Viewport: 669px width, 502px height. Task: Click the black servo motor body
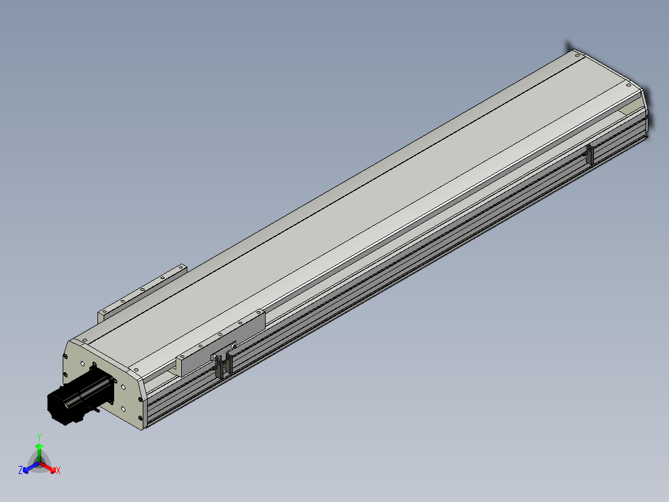click(x=79, y=396)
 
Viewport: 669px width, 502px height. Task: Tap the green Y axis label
click(x=39, y=437)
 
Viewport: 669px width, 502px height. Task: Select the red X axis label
click(x=58, y=470)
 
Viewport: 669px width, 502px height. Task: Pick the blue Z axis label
click(x=20, y=470)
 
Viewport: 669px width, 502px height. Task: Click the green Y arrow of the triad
click(x=39, y=453)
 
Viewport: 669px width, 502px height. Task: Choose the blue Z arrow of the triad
click(x=30, y=467)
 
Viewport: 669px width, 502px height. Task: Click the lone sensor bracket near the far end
click(x=590, y=154)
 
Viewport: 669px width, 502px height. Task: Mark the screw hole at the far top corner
click(x=577, y=55)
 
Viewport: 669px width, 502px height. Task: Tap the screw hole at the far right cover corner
click(x=629, y=85)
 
